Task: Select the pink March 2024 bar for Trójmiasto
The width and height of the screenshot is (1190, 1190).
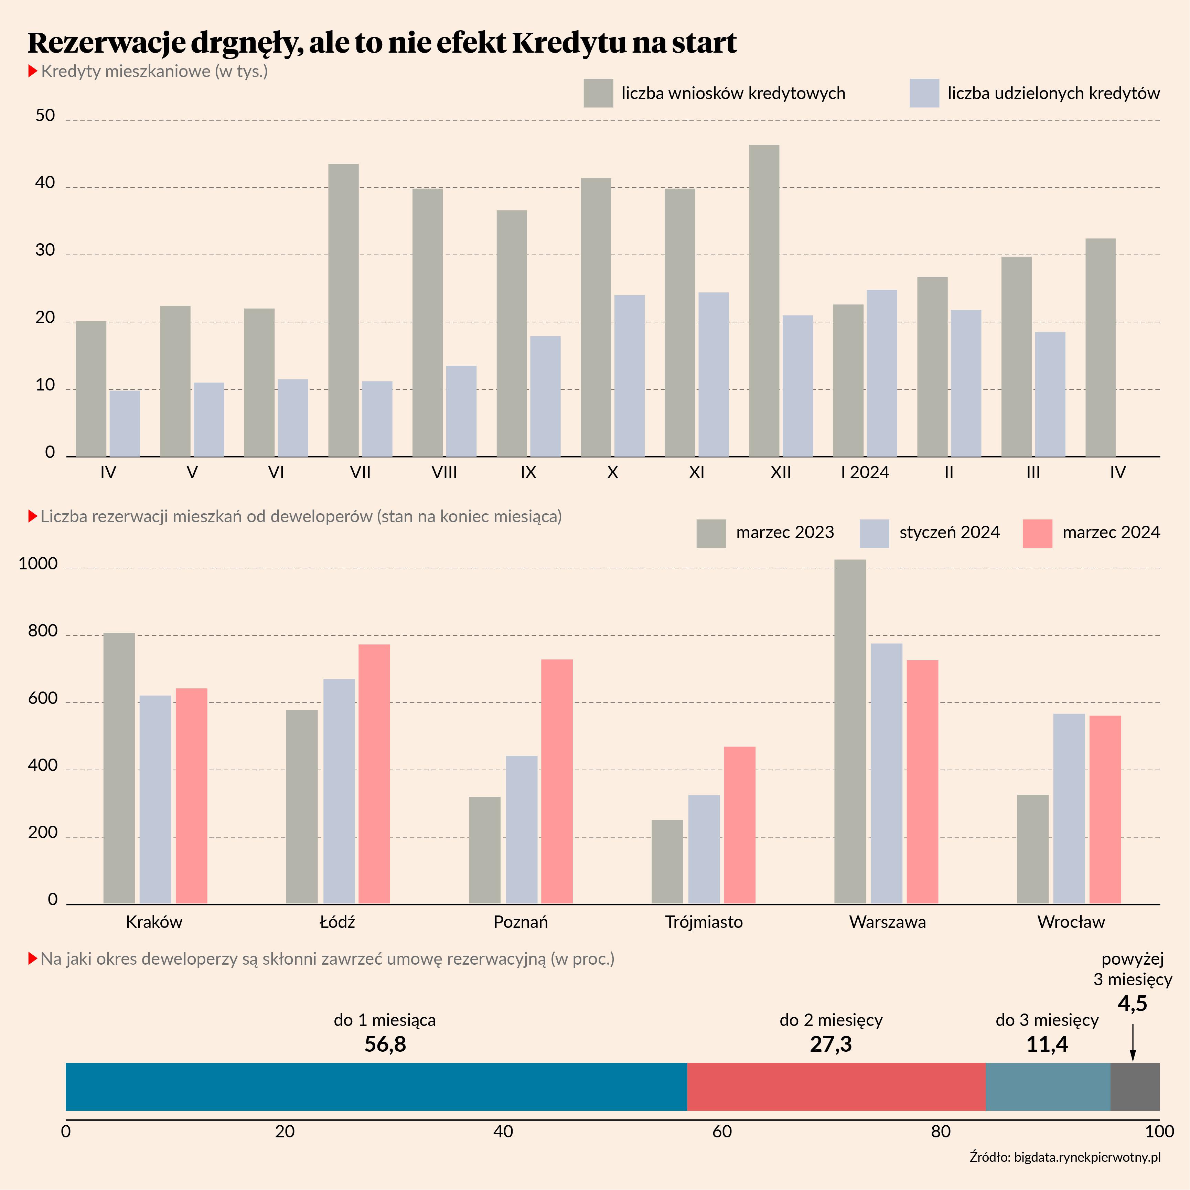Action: tap(740, 825)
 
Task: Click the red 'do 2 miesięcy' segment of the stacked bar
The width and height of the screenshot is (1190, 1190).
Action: tap(836, 1086)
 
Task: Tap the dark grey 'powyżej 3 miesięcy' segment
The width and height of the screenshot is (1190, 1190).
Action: tap(1135, 1086)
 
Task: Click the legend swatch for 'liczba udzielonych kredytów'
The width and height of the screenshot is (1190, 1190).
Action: tap(924, 93)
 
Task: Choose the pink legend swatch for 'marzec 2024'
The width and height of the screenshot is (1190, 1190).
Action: tap(1037, 533)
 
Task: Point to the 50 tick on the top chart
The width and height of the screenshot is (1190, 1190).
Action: tap(45, 116)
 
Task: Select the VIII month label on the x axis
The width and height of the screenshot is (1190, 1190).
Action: tap(444, 472)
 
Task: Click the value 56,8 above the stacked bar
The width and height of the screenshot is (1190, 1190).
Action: tap(385, 1044)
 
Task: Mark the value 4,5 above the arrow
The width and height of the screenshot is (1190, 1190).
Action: tap(1132, 1004)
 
